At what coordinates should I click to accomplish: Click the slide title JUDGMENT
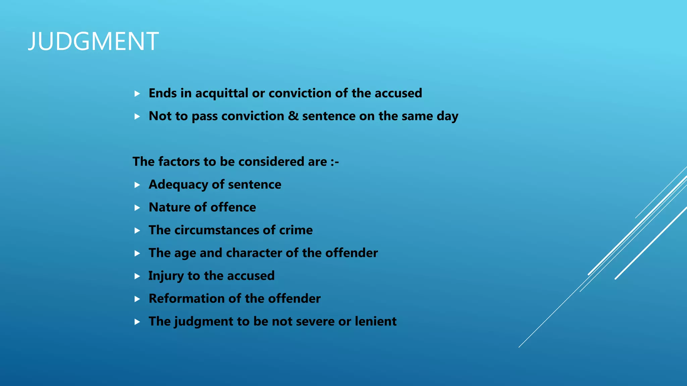point(93,42)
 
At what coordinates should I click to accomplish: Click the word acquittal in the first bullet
point(222,93)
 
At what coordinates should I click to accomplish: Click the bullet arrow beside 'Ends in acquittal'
point(137,94)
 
